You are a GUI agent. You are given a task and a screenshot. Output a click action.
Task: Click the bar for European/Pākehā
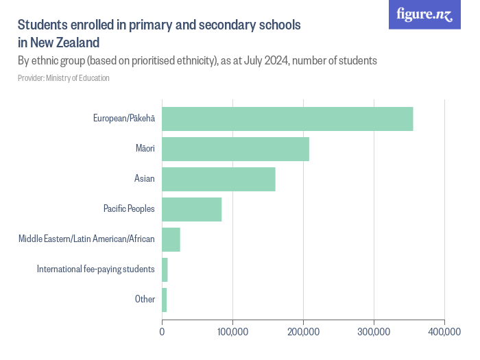pos(287,119)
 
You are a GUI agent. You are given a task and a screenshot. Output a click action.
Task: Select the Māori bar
pos(235,149)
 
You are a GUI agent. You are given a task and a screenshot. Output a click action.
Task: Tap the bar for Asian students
pos(219,179)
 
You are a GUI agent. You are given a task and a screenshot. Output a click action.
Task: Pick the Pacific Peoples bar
pos(192,209)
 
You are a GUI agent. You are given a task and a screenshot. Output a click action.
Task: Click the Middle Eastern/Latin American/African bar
pos(171,239)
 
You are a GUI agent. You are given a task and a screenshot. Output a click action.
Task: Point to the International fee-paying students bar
pos(165,269)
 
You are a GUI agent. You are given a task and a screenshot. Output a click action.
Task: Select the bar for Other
pos(165,300)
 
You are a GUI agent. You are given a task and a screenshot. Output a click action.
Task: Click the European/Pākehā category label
pos(124,119)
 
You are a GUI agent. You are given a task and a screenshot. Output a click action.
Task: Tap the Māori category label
pos(145,149)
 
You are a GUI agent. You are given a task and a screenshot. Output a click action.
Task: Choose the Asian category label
pos(145,179)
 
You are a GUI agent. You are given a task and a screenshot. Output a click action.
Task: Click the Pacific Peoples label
pos(129,209)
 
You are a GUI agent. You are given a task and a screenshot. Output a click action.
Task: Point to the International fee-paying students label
pos(96,269)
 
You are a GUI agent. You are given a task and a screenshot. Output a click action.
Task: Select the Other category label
pos(145,300)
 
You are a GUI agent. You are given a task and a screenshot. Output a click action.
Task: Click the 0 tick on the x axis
pos(163,332)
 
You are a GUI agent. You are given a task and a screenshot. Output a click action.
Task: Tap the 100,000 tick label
pos(232,332)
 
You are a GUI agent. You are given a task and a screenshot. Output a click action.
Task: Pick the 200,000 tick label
pos(303,332)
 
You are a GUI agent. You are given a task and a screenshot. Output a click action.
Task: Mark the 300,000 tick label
pos(374,332)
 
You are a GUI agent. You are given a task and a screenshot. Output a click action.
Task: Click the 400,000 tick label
pos(444,332)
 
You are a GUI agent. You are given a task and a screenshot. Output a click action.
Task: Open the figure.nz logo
pos(424,14)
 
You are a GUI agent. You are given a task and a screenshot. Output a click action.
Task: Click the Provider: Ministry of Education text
pos(63,78)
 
